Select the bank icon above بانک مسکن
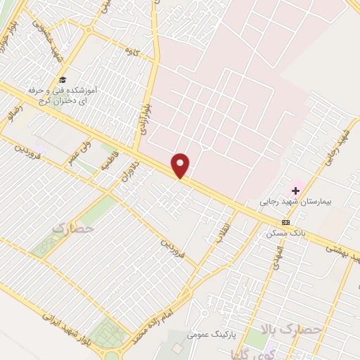285,222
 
